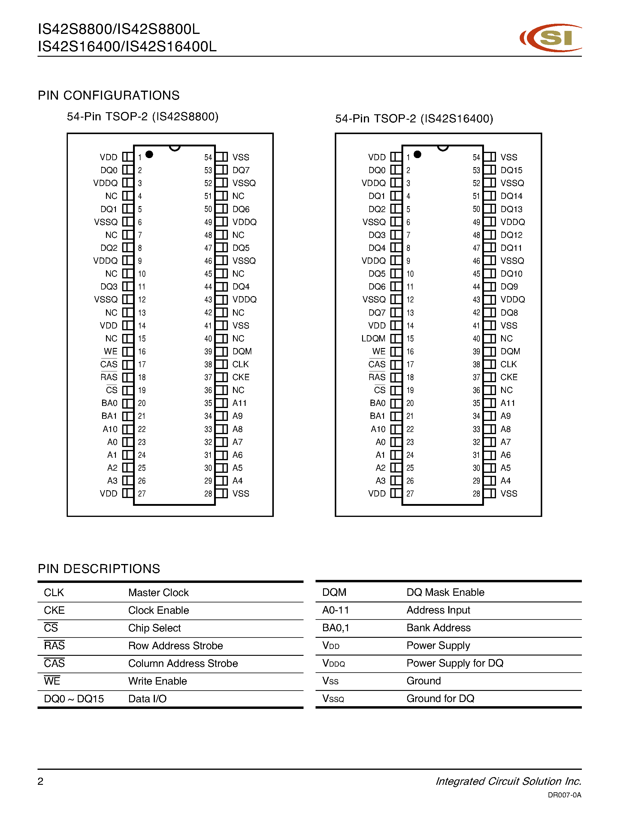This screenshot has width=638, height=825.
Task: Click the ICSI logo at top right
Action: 551,38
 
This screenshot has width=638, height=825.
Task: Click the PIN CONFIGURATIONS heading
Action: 108,96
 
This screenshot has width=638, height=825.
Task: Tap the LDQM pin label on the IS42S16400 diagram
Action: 373,338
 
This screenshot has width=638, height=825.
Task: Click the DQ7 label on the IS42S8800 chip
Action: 241,170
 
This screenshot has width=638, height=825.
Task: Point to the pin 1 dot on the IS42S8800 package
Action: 149,154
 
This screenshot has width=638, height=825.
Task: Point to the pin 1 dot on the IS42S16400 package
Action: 417,154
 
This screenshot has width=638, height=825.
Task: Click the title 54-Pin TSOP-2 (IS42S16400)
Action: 414,118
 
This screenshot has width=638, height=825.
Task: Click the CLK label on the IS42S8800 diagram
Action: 240,364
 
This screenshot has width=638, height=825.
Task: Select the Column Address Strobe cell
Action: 183,663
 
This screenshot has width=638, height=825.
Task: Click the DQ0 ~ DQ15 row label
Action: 74,698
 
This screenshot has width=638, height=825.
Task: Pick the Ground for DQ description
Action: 440,698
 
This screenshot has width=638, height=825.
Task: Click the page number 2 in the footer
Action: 41,781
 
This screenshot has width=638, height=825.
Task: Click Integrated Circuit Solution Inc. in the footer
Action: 508,781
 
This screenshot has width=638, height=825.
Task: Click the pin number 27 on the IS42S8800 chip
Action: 142,494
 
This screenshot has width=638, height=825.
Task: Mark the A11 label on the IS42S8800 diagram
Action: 239,403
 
